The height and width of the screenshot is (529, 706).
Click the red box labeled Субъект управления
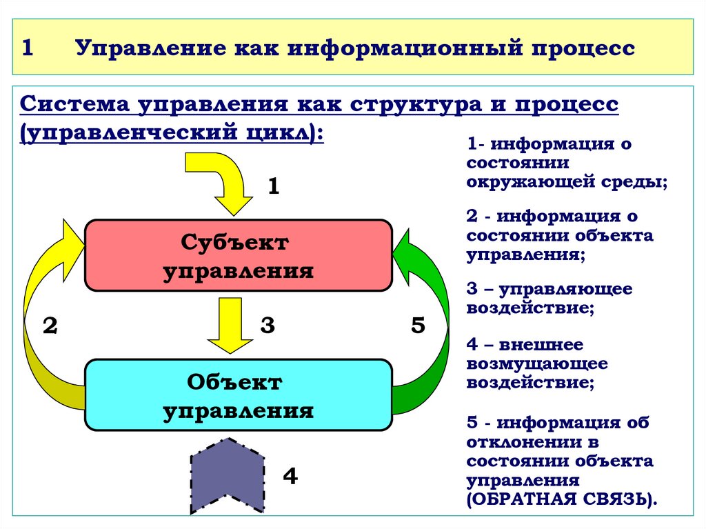point(238,255)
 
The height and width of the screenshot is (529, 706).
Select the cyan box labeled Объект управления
point(238,395)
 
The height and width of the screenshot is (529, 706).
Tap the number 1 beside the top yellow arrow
point(273,187)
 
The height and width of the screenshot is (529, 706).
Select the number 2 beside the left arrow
point(50,326)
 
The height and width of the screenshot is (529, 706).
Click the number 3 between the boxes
point(268,326)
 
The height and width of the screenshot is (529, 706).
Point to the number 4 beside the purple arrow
point(290,476)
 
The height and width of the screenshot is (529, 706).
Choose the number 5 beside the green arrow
point(418,326)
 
